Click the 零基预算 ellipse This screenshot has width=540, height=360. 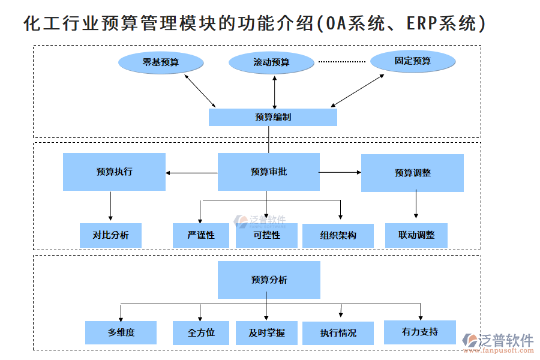click(161, 62)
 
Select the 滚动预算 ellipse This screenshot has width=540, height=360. click(271, 62)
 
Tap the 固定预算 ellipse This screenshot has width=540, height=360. click(412, 61)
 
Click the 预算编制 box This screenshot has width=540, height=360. click(272, 117)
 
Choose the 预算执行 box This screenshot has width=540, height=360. click(114, 172)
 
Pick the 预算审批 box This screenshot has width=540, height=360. click(268, 172)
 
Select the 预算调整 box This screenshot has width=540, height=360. click(412, 173)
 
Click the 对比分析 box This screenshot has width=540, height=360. click(110, 235)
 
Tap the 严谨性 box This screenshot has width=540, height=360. click(201, 235)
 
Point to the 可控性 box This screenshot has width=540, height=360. click(266, 235)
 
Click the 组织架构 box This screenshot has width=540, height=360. click(338, 236)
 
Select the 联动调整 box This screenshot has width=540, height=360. click(416, 235)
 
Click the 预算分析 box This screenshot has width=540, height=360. click(269, 280)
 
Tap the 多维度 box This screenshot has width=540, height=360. click(121, 332)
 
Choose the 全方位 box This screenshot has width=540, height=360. click(201, 332)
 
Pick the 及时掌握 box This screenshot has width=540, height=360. click(266, 332)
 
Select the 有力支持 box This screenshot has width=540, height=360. click(419, 332)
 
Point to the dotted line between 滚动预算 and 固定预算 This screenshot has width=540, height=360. click(341, 62)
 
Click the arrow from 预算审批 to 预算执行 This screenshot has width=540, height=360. click(191, 173)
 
